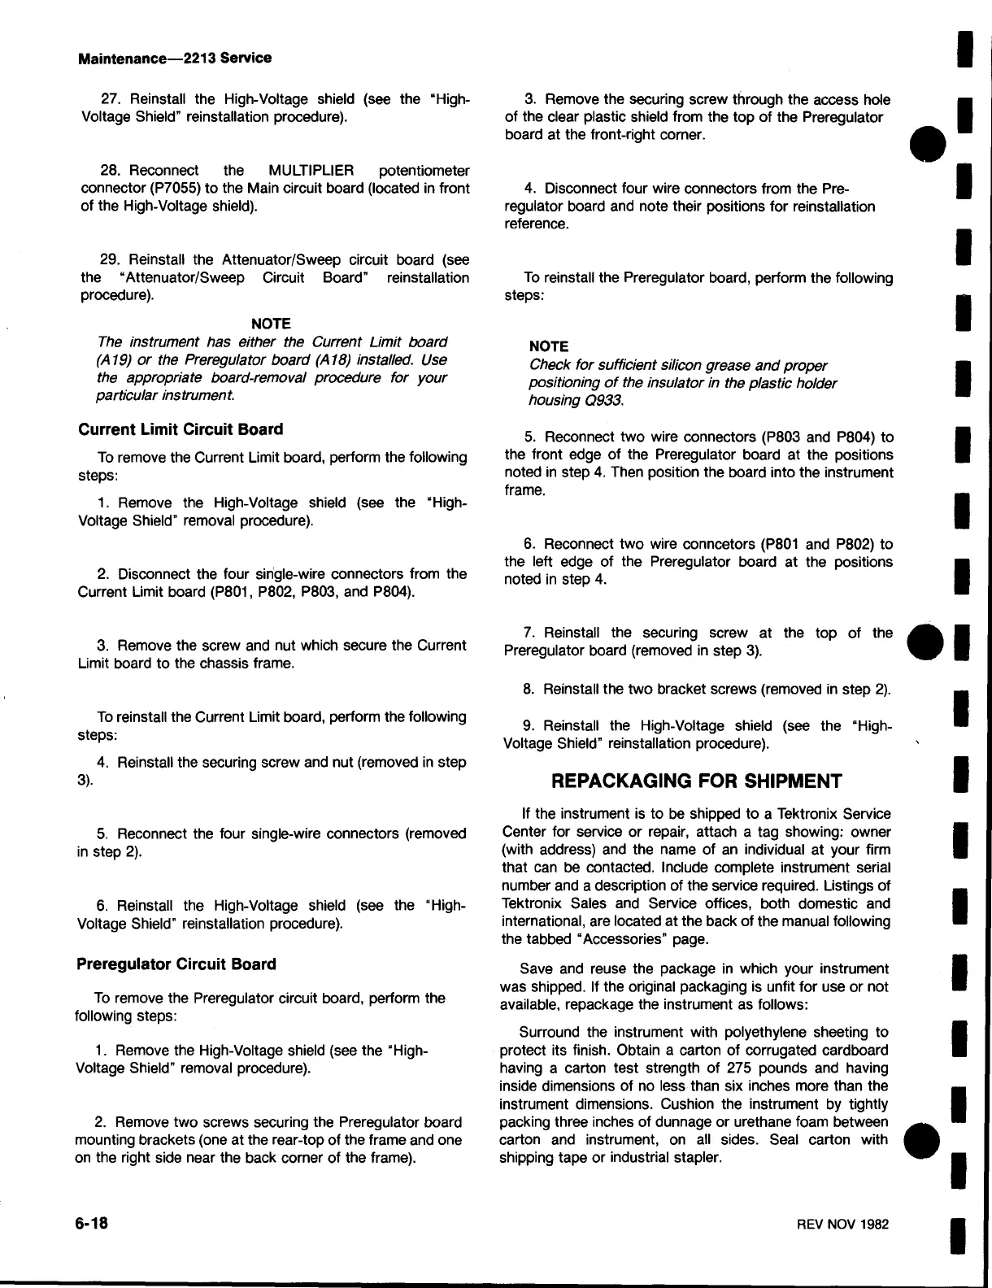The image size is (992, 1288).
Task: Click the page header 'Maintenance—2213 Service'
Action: (174, 58)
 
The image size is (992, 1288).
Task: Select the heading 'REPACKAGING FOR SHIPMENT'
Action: (697, 781)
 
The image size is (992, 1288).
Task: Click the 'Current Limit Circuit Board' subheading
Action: (180, 429)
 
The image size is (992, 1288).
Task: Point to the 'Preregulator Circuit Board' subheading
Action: (176, 964)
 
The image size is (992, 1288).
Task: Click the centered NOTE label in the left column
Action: (271, 324)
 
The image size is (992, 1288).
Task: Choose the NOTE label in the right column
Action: (548, 346)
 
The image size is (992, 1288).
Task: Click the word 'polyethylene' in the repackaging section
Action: (731, 1033)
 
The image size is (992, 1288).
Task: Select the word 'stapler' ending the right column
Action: (696, 1158)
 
